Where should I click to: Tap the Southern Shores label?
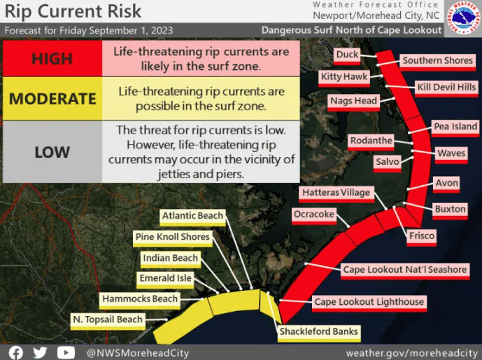click(x=437, y=62)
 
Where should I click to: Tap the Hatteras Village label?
click(x=336, y=194)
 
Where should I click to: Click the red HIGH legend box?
click(x=52, y=58)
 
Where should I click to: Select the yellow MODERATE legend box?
click(x=52, y=99)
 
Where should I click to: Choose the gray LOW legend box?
click(x=52, y=152)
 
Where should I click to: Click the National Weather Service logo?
click(x=463, y=17)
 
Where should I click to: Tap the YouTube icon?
click(x=66, y=352)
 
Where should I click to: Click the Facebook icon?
click(x=16, y=352)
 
